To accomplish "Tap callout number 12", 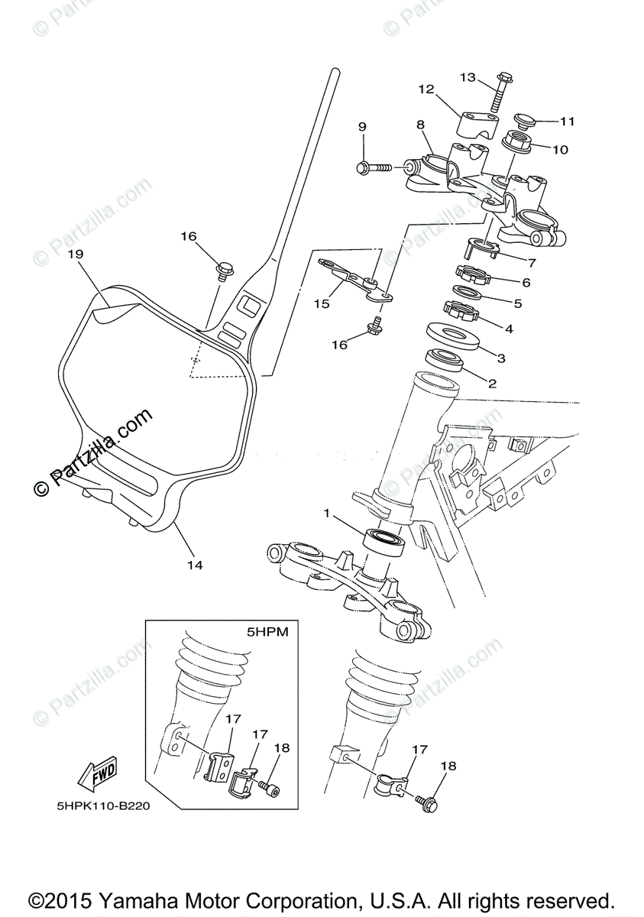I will (426, 89).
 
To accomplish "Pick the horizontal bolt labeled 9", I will (372, 166).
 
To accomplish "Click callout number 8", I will (420, 124).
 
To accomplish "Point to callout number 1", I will (327, 514).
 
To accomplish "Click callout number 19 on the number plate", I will (75, 253).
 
